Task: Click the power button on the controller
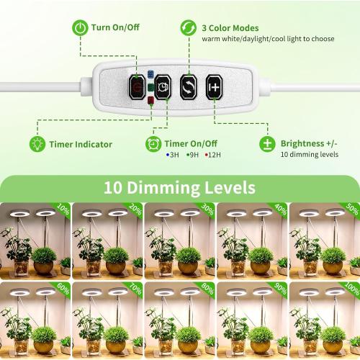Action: click(137, 86)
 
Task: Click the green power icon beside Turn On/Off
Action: click(80, 27)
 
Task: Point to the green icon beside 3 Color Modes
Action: click(189, 27)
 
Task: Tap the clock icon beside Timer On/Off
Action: click(153, 143)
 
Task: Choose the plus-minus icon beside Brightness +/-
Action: click(268, 143)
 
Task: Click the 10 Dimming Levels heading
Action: click(179, 188)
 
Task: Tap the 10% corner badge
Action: click(63, 211)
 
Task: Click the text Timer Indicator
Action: click(81, 144)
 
